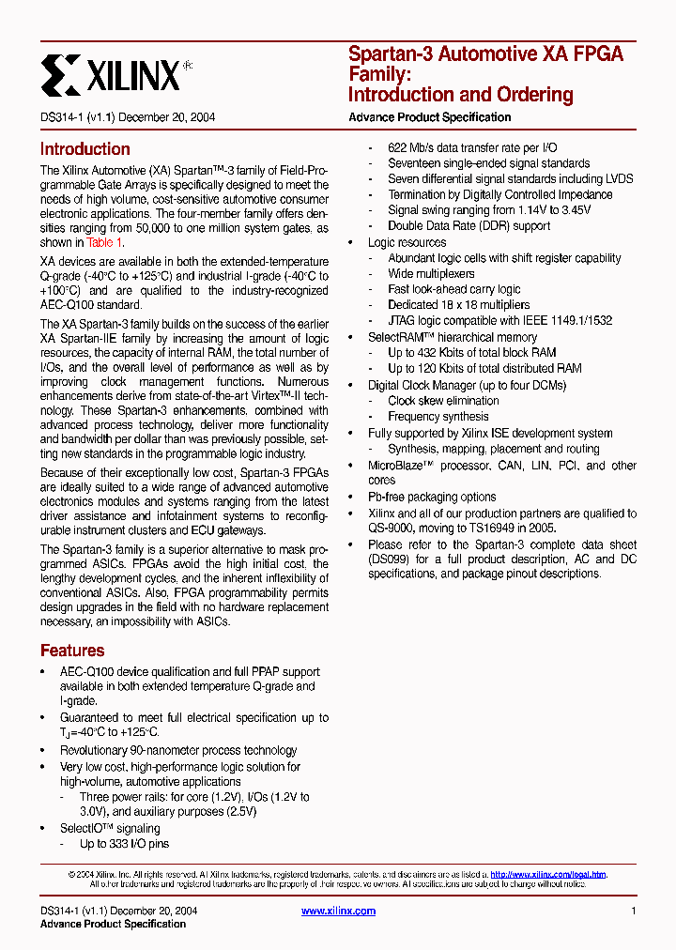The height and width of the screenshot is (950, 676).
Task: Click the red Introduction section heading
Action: tap(84, 149)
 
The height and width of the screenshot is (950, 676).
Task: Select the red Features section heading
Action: tap(72, 651)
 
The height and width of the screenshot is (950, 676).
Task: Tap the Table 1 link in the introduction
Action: tap(105, 242)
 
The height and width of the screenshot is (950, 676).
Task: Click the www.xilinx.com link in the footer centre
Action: tap(338, 911)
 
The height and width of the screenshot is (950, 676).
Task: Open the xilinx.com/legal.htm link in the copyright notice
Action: tap(548, 874)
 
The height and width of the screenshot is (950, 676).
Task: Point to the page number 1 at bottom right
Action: tap(634, 911)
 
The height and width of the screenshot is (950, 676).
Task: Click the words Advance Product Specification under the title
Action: tap(429, 117)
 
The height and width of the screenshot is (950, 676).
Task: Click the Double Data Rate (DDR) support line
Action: tap(469, 226)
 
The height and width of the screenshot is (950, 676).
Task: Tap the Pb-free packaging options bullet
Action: tap(432, 497)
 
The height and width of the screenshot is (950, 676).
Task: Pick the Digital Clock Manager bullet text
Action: tap(467, 386)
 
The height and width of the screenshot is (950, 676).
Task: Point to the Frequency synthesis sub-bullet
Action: tap(438, 417)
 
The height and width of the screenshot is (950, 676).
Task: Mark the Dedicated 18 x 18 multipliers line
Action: tap(458, 305)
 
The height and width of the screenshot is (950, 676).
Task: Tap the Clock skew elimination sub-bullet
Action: tap(443, 401)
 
